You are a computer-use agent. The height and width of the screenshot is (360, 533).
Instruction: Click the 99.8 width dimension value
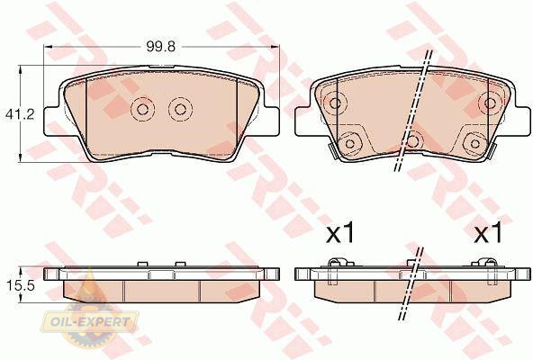161,47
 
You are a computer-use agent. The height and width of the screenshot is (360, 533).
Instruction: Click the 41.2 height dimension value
20,114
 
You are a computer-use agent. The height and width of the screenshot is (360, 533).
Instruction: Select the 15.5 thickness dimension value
21,285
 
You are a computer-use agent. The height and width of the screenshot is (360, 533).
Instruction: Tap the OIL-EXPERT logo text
90,321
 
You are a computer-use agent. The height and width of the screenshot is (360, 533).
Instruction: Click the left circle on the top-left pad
142,109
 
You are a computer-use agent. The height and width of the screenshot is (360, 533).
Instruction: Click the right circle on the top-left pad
180,109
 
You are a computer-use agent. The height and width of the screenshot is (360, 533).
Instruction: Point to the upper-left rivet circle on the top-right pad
335,103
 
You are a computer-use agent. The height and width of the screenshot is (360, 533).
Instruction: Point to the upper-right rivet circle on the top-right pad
490,103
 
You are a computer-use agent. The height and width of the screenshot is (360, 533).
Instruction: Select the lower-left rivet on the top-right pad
350,143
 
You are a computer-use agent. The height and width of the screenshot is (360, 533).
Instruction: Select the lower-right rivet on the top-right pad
474,143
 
